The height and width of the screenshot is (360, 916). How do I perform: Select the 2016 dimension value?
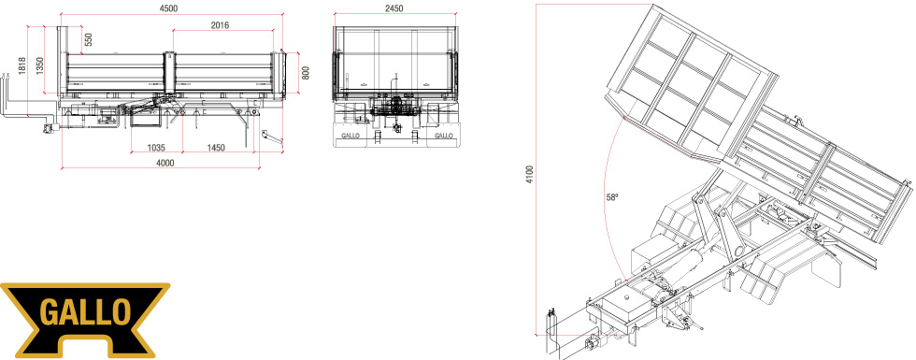pos(221,25)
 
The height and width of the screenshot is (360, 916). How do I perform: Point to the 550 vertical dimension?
pos(89,39)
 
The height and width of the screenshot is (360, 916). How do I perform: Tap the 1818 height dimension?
pos(22,65)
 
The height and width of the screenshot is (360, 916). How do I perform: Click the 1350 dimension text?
pos(39,65)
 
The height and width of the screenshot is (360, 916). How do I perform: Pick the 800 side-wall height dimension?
pos(306,73)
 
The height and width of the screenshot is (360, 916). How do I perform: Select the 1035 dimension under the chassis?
pos(157,148)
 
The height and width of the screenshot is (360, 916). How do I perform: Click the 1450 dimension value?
pos(216,148)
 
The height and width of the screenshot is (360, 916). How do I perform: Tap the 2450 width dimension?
pos(394,8)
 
